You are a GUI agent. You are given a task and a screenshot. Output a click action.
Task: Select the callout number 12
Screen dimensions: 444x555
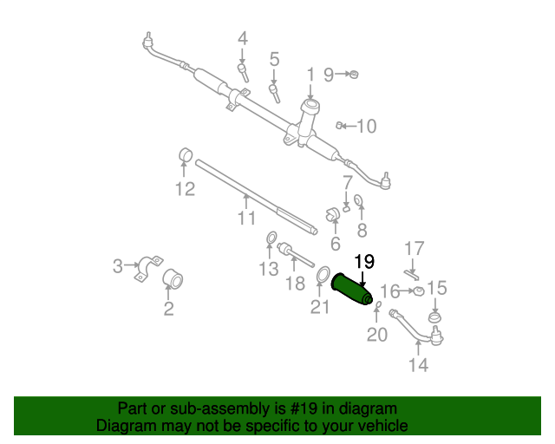(184, 189)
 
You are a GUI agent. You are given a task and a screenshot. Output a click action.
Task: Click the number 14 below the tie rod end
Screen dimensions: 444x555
(418, 365)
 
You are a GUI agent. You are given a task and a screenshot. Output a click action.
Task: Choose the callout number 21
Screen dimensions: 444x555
(320, 306)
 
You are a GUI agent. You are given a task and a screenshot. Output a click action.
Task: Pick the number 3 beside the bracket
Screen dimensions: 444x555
(118, 266)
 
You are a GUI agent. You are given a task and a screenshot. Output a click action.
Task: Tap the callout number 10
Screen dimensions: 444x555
(366, 127)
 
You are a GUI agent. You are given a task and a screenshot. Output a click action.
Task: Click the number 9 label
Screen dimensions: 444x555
(329, 75)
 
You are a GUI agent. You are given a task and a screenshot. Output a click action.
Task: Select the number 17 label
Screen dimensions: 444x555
(414, 247)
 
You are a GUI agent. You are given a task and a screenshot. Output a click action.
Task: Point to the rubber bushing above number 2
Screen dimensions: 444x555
(173, 280)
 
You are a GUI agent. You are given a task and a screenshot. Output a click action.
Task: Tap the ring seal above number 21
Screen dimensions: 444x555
(321, 276)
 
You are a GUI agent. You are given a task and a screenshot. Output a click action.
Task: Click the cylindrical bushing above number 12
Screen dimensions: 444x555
(185, 155)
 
